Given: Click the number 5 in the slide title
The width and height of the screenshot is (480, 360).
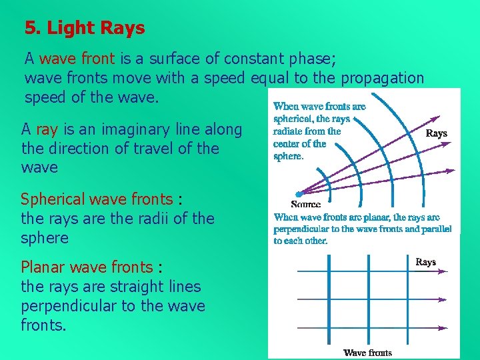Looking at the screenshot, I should point(29,29).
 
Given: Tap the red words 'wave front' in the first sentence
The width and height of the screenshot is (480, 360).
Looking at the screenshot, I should point(75,59).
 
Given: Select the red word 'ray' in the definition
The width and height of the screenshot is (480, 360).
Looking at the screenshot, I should point(47,129).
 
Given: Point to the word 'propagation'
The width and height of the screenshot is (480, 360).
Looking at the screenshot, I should point(382,78).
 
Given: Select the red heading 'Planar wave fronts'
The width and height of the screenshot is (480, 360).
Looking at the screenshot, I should point(87,268).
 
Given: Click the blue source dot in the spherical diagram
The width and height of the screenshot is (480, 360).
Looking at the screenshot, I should point(299,194).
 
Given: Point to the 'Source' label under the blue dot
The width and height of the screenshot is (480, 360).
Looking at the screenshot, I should point(305,204).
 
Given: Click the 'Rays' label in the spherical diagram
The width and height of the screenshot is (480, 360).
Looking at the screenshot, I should point(437,133).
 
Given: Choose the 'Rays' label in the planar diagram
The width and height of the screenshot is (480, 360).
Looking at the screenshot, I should point(425,262).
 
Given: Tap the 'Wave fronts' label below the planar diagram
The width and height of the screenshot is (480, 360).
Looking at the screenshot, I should point(367,353).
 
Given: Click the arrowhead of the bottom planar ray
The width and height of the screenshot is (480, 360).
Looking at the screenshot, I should point(444,329).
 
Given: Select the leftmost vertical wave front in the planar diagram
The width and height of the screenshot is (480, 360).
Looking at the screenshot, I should point(329,300).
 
